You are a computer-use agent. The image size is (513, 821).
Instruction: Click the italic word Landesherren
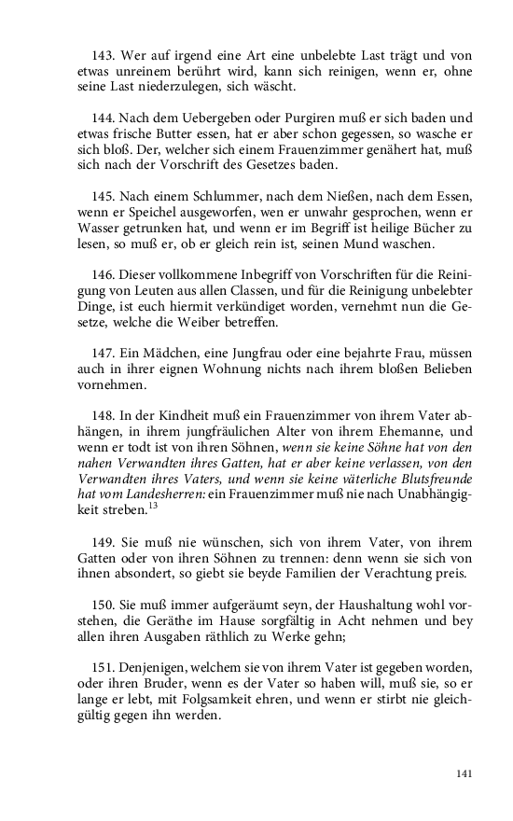point(163,493)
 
